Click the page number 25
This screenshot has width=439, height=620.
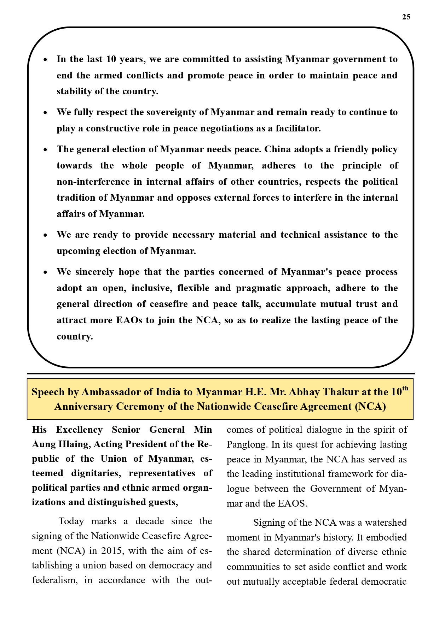(406, 17)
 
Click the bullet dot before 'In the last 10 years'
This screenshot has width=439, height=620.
(45, 60)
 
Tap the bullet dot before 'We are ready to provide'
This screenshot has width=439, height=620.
(45, 236)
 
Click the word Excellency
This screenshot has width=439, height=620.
(79, 430)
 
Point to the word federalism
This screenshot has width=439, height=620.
(54, 580)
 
